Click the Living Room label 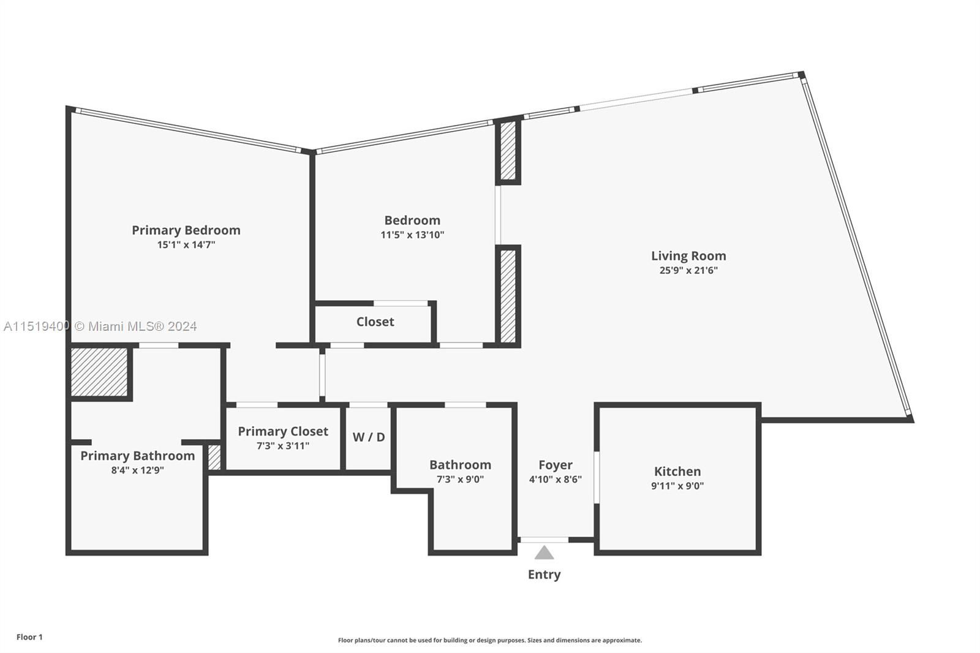[x=688, y=256]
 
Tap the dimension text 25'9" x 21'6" [x=688, y=271]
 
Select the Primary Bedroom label [x=186, y=230]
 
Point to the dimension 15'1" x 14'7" [x=186, y=245]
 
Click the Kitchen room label [x=677, y=472]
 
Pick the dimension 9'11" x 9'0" [x=677, y=486]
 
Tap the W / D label [x=368, y=437]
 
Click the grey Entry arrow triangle [x=544, y=554]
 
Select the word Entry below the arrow [x=544, y=575]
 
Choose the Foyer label [x=555, y=465]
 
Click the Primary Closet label [x=282, y=431]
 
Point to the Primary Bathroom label [x=137, y=456]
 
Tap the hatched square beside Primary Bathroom [x=99, y=372]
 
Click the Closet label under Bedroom [x=375, y=322]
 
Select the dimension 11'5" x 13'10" [x=412, y=235]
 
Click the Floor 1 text [x=29, y=637]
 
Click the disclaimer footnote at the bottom [x=489, y=640]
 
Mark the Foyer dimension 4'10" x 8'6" [x=555, y=480]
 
